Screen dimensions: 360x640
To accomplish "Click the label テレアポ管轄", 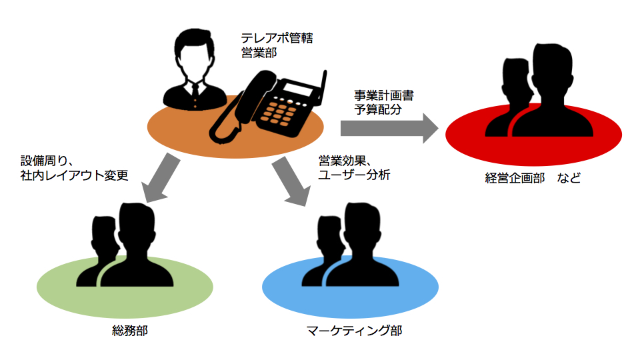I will point(277,38).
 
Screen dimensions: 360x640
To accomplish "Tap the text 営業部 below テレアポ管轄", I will point(259,54).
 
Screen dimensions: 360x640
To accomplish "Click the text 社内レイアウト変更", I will point(74,175).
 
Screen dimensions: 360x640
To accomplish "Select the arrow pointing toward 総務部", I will point(157,180).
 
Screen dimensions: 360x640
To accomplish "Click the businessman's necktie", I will point(194,90).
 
